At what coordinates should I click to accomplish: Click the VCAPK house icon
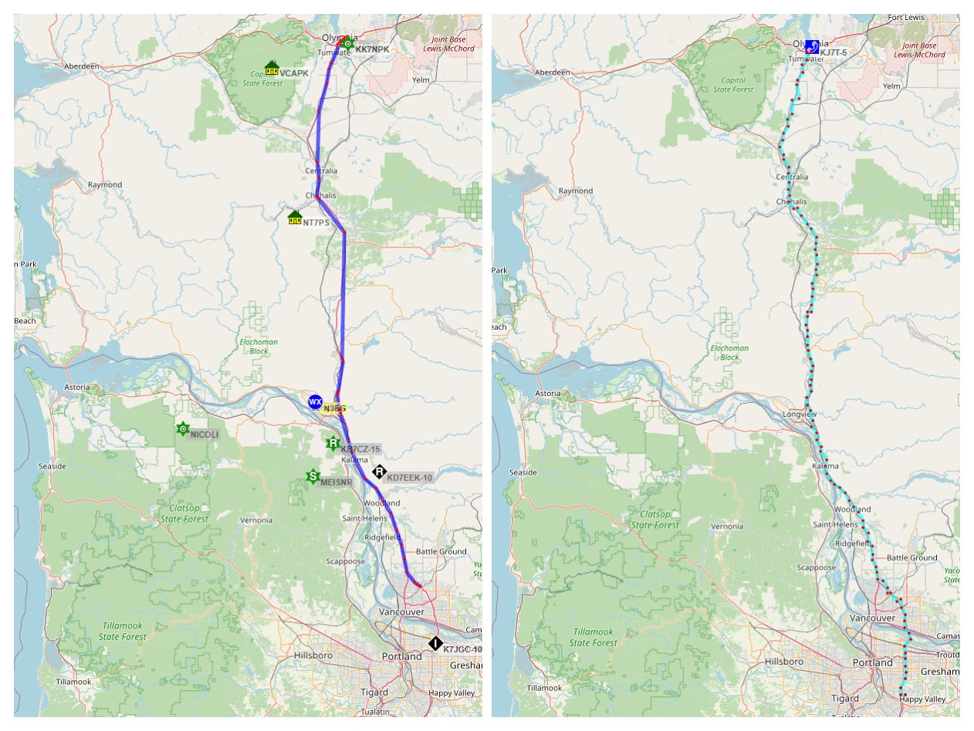(x=271, y=69)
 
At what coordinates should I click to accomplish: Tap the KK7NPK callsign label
(x=372, y=49)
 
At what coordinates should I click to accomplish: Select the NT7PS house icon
(x=294, y=218)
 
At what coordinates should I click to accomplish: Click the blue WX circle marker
(x=315, y=402)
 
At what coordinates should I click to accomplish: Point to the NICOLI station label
(x=205, y=435)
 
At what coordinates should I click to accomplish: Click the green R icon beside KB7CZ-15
(x=333, y=443)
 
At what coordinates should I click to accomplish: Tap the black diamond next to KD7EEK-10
(x=379, y=472)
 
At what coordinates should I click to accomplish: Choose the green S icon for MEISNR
(x=313, y=477)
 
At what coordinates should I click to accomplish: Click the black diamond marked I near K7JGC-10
(x=435, y=643)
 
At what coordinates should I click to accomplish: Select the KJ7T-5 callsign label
(x=834, y=52)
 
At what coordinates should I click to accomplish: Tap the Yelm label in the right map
(x=891, y=86)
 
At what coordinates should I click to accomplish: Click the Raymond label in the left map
(x=105, y=184)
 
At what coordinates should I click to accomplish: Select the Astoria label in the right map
(x=548, y=394)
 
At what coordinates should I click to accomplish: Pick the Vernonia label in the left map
(x=255, y=520)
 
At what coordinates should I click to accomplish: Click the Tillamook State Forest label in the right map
(x=594, y=638)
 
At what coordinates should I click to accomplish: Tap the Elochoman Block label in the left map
(x=259, y=347)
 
